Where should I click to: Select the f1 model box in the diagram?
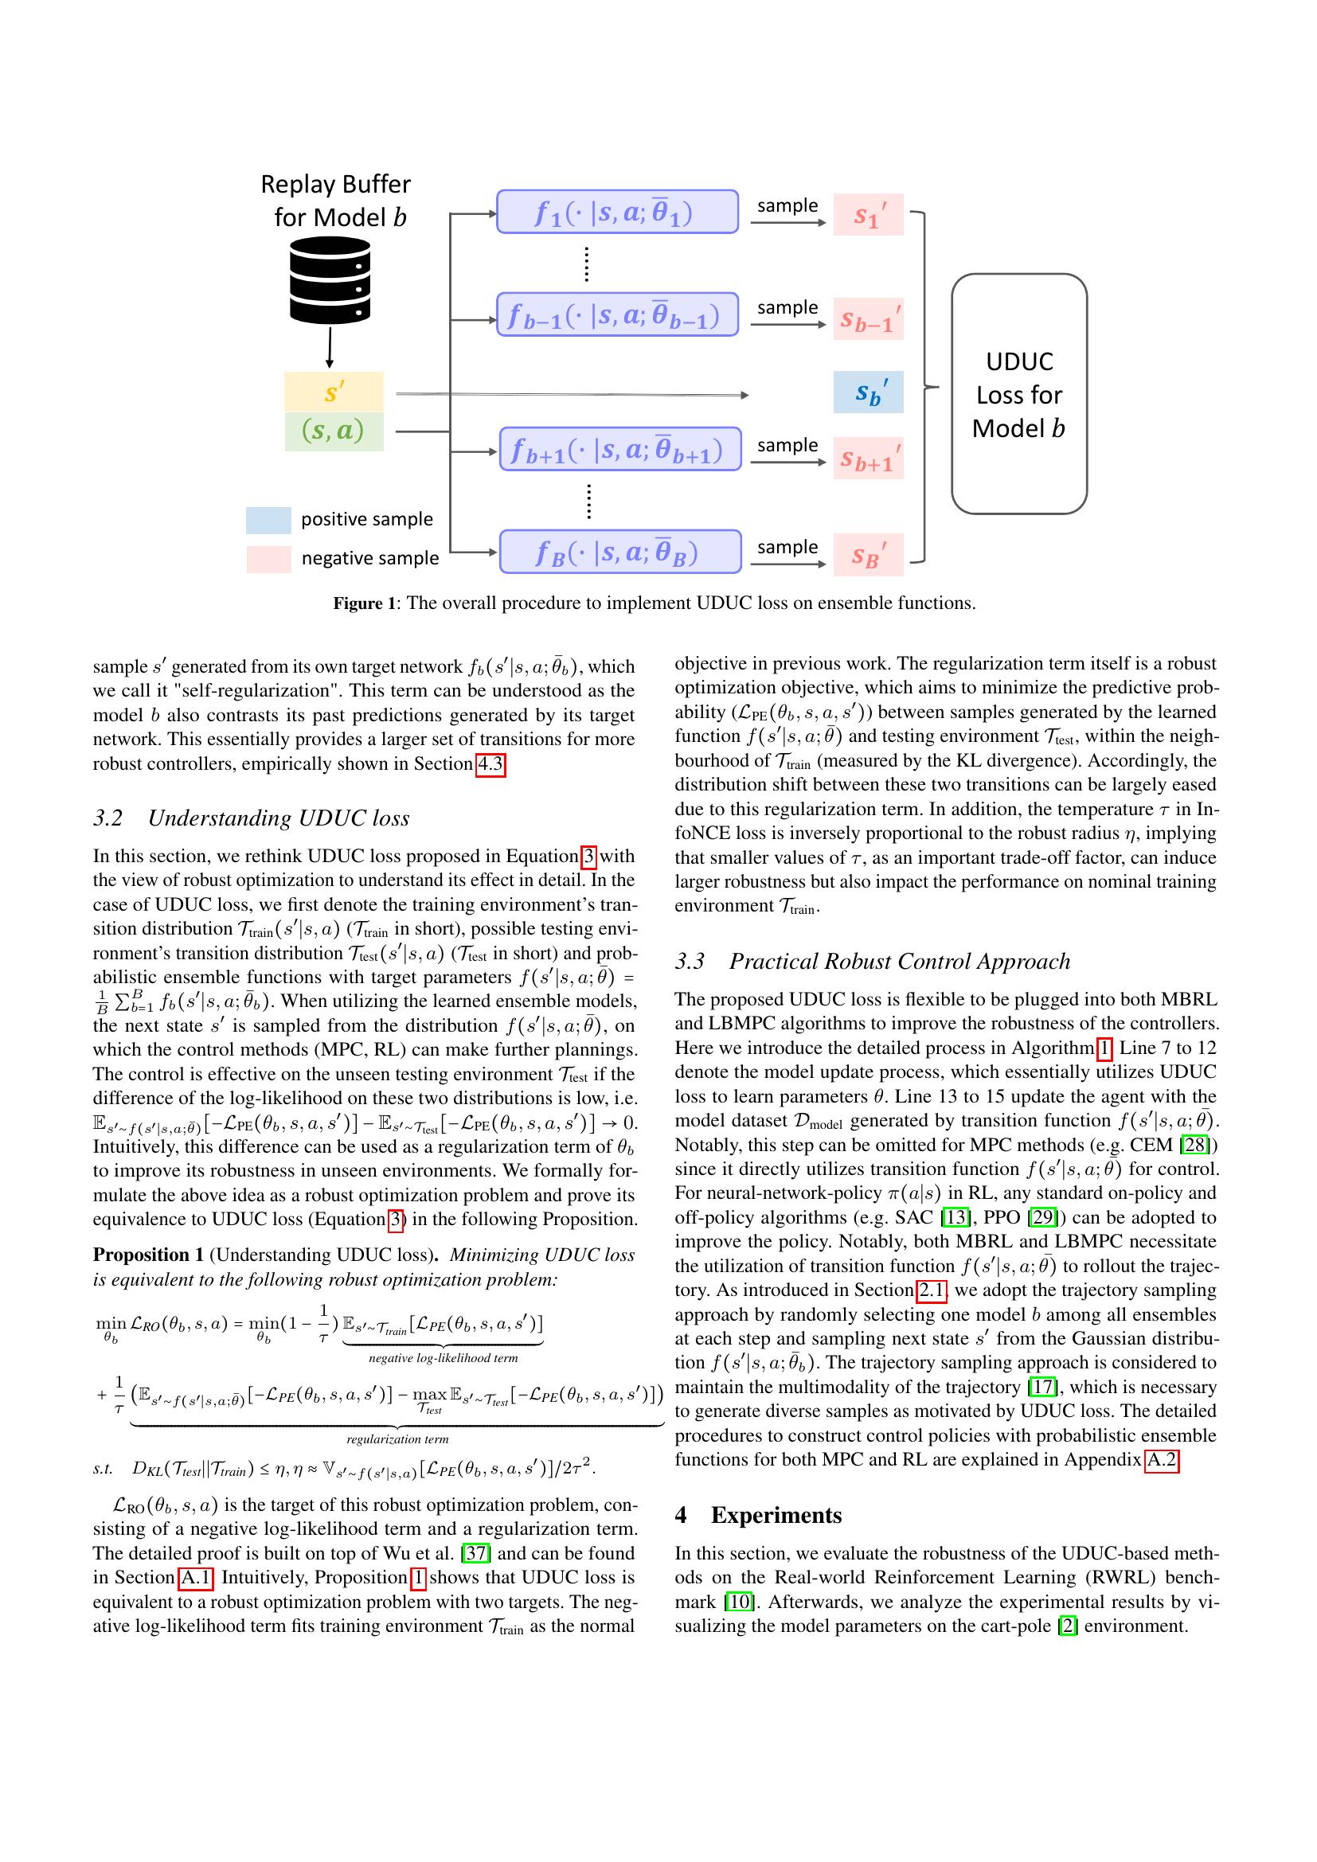point(617,212)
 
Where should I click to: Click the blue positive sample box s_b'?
point(868,392)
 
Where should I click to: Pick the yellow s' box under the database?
point(334,392)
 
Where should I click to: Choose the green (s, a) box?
point(334,431)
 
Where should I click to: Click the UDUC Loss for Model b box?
point(1018,394)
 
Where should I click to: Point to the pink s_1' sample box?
point(868,215)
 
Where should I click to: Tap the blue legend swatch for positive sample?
point(268,520)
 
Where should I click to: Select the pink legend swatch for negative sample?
point(268,559)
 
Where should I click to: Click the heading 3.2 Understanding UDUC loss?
point(252,818)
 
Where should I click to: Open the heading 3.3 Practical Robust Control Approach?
point(873,961)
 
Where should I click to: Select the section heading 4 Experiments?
point(758,1515)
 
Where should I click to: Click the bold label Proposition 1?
point(148,1255)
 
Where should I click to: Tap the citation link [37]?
point(473,1553)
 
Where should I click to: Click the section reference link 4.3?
point(490,764)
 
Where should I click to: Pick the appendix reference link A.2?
point(1161,1460)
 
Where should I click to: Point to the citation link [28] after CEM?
point(1195,1145)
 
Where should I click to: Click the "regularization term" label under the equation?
point(397,1439)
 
